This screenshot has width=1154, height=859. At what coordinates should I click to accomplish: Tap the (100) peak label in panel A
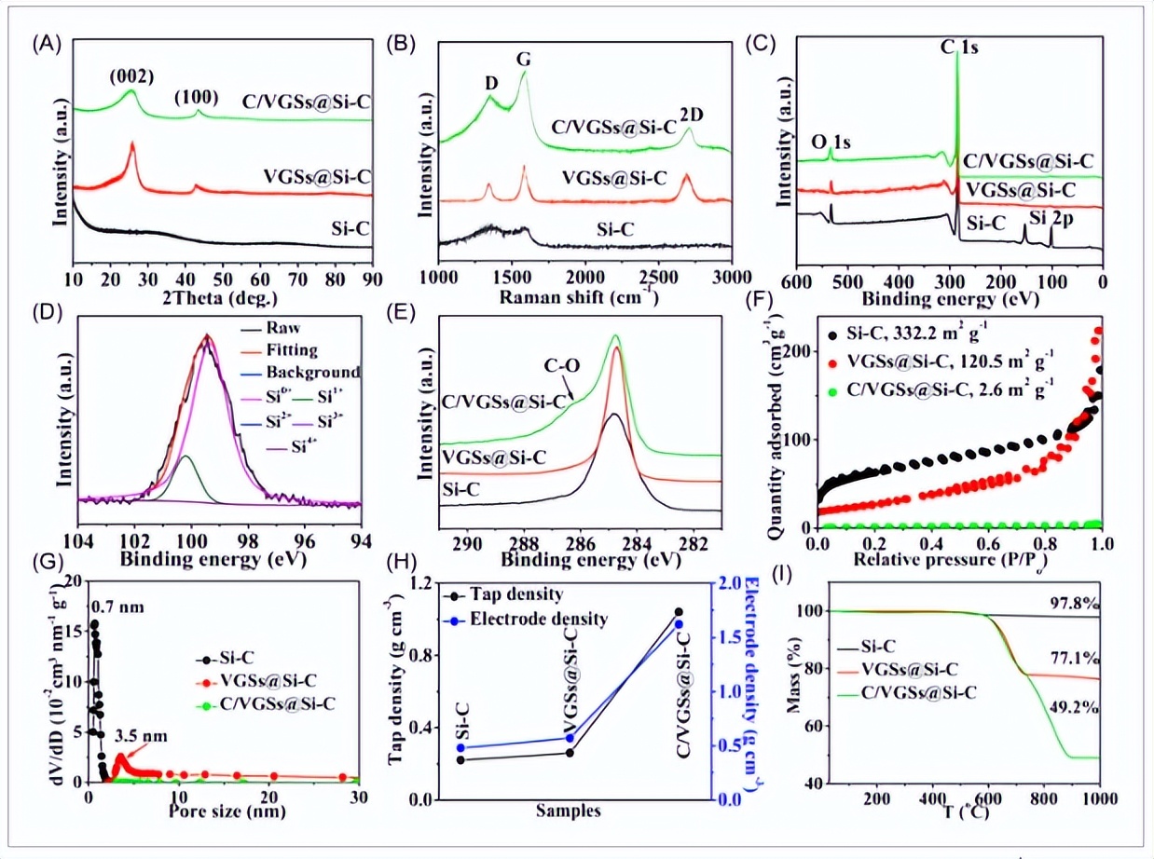click(x=199, y=94)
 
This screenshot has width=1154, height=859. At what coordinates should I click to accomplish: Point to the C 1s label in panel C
click(x=957, y=43)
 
